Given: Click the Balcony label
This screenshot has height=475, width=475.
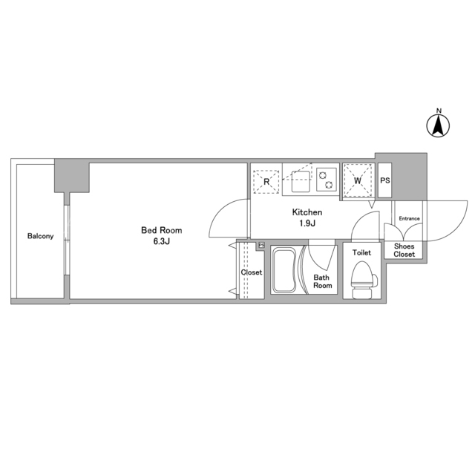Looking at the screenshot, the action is pos(40,236).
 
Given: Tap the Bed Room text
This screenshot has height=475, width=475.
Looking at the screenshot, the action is pos(162,230).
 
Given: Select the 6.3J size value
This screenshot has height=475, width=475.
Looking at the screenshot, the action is pos(162,241).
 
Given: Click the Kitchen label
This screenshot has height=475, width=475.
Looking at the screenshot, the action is pos(307,212).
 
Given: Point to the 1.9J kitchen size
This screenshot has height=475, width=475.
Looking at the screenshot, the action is pos(307,223).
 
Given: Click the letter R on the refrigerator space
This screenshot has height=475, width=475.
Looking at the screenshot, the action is pos(266,182).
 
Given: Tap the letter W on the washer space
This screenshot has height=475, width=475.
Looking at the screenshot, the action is pos(358,180).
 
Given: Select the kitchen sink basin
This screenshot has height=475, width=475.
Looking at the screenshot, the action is pos(301,181).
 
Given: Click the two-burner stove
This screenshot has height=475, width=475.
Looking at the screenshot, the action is pos(327,180).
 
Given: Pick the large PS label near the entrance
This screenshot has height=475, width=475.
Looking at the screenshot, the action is pos(385,180).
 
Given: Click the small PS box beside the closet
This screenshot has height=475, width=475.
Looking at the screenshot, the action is pos(261,245).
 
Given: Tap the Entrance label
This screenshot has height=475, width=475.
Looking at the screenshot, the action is pos(409,218).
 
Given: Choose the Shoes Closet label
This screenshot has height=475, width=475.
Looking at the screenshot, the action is pos(404,250).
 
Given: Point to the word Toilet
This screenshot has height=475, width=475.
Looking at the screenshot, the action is pos(361,252).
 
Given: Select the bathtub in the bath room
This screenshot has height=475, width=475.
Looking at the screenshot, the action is pos(284,270).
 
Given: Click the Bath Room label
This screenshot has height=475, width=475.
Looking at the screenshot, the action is pos(322,281).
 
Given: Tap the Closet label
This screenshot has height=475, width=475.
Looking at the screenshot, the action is pos(252,272).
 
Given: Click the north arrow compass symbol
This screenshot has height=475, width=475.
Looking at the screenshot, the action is pos(438,125).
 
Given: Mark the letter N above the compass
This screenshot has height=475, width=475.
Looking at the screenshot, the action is pos(439,111).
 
